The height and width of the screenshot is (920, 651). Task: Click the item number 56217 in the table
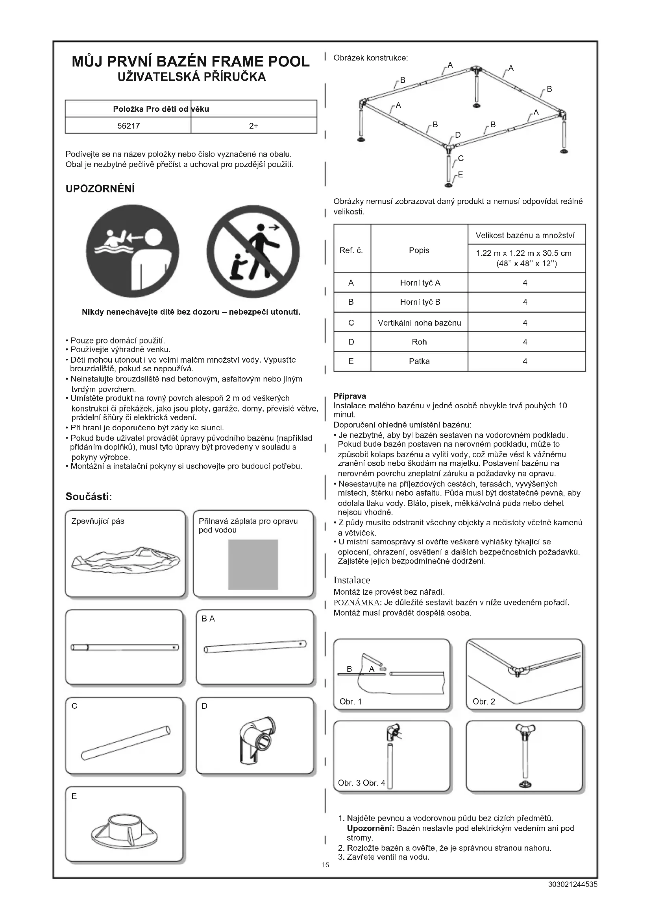(128, 126)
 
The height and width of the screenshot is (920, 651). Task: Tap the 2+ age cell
(253, 126)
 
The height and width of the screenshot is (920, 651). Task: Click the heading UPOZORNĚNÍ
(100, 189)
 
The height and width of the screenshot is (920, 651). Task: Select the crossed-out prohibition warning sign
(253, 251)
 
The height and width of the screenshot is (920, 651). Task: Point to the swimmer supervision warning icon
(132, 251)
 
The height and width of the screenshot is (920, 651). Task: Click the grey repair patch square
(253, 564)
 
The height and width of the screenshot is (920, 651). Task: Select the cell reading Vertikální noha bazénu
(419, 323)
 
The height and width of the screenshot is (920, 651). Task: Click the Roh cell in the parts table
(419, 342)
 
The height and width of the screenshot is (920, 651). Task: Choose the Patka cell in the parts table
(419, 361)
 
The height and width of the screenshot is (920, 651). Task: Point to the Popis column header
(419, 250)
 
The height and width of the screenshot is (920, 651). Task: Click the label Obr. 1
(350, 701)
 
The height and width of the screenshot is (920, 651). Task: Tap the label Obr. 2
(483, 701)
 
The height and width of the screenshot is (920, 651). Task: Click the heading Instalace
(351, 580)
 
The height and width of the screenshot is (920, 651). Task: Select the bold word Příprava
(350, 396)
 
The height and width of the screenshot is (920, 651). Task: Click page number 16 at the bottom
(325, 865)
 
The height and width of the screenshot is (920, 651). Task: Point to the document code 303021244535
(572, 884)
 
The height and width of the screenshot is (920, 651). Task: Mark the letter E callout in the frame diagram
(460, 174)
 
